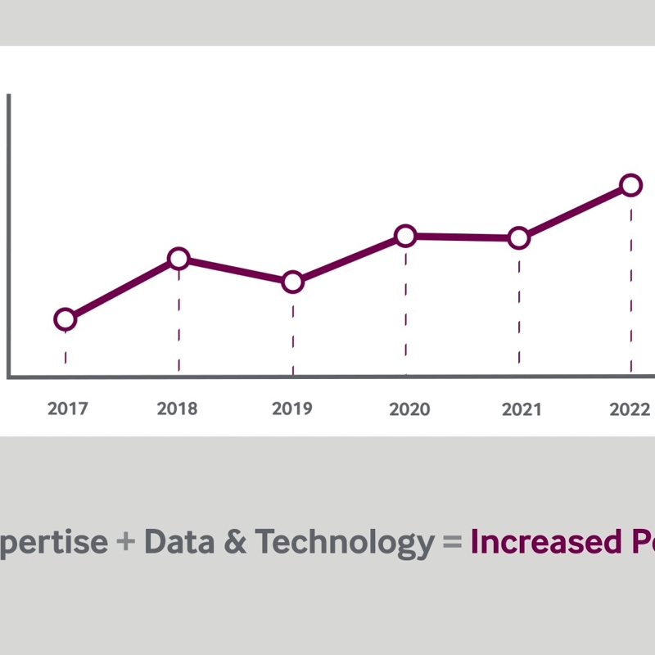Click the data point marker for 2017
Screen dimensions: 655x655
tap(65, 319)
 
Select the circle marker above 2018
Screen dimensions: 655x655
tap(178, 259)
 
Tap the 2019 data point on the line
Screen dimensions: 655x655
tap(292, 282)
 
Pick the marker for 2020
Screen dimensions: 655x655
tap(405, 236)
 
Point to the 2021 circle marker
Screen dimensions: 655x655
tap(518, 238)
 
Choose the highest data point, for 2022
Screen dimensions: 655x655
tap(630, 185)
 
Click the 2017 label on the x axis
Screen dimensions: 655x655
tap(67, 409)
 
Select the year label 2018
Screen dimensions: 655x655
tap(178, 409)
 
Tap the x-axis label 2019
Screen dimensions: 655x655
tap(291, 409)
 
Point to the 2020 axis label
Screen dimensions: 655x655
tap(409, 409)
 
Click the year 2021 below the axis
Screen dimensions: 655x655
tap(521, 409)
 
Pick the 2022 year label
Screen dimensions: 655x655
tap(630, 409)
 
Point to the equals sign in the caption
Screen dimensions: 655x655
tap(451, 543)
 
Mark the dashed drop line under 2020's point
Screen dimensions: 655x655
tap(405, 311)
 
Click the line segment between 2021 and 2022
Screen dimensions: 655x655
tap(575, 211)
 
